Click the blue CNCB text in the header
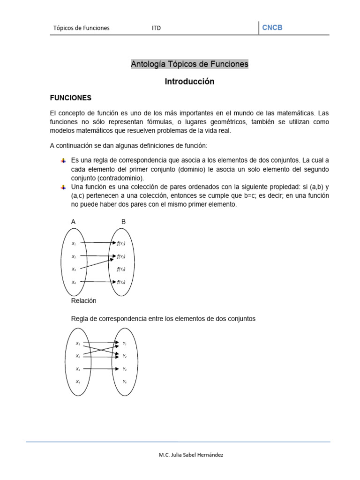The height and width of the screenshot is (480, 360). click(272, 28)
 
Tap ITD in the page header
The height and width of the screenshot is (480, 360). click(156, 28)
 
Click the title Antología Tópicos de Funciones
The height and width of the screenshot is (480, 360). click(189, 64)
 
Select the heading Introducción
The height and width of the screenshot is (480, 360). click(189, 82)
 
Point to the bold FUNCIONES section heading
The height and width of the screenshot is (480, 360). click(70, 98)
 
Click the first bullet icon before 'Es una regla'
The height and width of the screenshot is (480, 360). click(63, 161)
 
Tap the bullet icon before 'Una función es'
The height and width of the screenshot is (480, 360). click(63, 187)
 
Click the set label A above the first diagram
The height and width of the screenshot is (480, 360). click(73, 222)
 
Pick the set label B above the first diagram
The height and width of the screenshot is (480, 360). click(123, 222)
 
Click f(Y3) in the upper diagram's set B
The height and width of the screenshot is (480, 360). click(121, 270)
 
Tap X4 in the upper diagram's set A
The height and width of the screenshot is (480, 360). click(74, 282)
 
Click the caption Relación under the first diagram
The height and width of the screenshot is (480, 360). click(83, 300)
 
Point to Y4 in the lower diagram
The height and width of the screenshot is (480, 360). click(125, 382)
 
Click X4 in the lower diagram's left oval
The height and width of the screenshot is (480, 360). click(78, 382)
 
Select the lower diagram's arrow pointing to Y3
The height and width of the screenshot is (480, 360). click(101, 369)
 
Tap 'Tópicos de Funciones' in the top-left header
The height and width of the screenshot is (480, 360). click(81, 28)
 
